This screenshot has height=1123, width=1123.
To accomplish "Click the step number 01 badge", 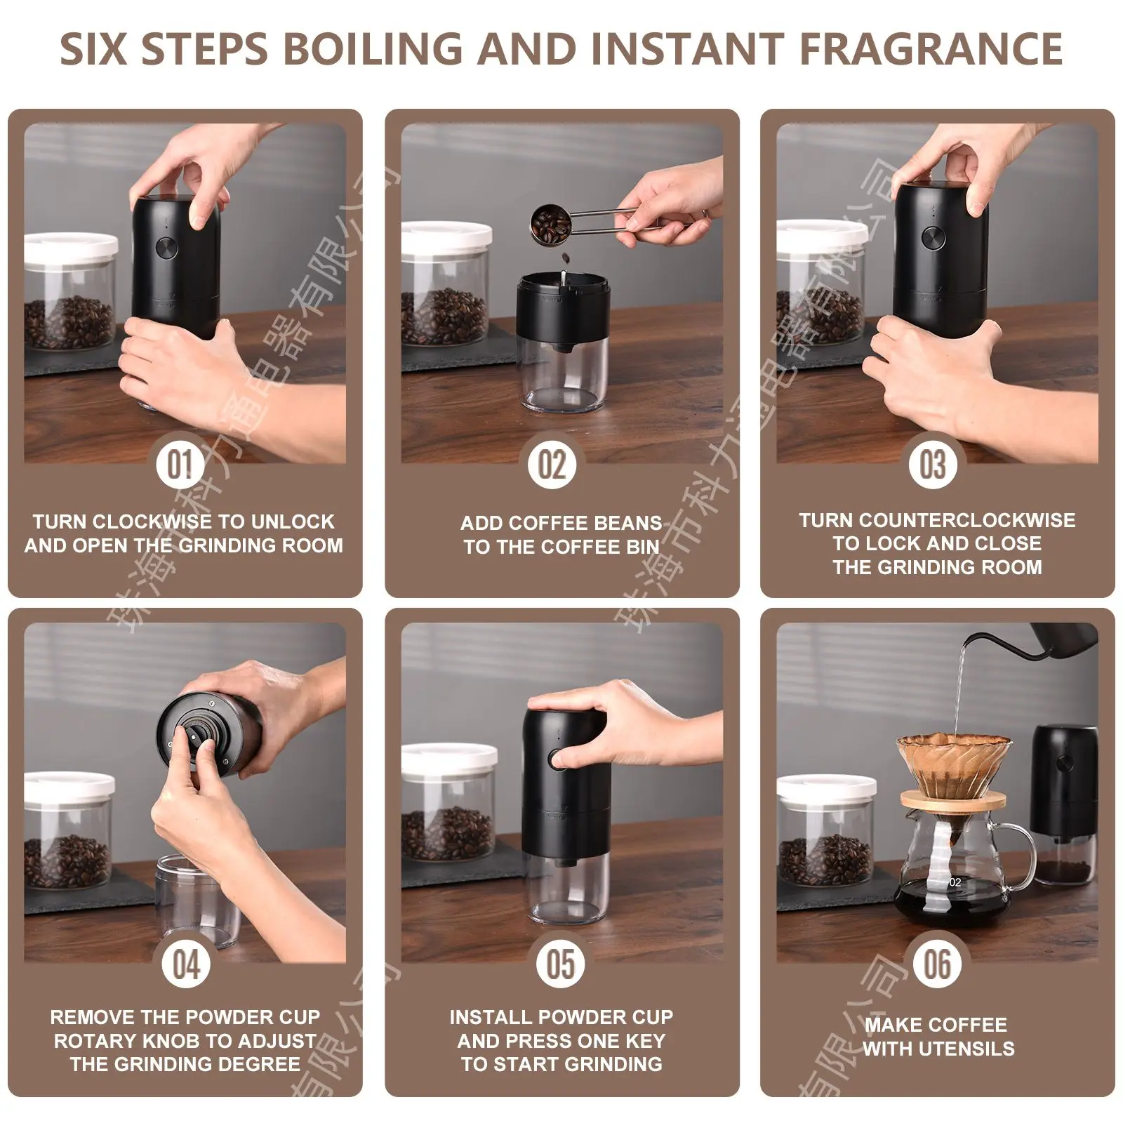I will (x=180, y=464).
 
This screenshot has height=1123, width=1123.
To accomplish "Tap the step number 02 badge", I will (x=552, y=464).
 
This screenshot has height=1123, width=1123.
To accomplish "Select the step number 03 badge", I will (x=933, y=464).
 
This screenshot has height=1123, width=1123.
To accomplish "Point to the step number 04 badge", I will (x=186, y=964).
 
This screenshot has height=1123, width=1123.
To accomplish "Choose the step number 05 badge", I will (x=561, y=964).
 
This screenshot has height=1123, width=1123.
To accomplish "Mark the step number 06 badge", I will (x=937, y=964).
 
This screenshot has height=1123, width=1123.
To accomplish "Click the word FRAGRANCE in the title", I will (x=931, y=49).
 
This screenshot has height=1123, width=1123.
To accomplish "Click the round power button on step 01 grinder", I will (x=166, y=247).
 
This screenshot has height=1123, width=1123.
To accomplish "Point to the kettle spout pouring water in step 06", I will (x=969, y=640).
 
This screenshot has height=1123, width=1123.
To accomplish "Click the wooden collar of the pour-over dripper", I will (x=952, y=799).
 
